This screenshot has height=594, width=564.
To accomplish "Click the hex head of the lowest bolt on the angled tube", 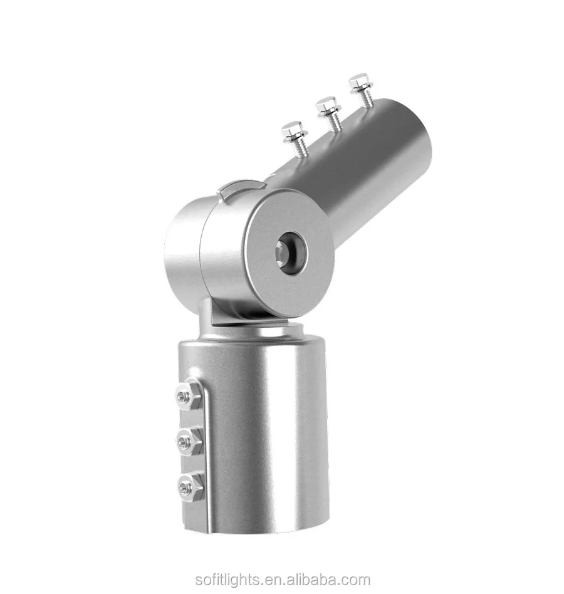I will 293,131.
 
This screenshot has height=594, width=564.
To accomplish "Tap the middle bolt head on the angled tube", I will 327,106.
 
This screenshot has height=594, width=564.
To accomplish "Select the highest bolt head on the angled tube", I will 360,81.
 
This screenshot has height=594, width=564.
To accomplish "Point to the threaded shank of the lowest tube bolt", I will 299,148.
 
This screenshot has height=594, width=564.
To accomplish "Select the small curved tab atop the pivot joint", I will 241,187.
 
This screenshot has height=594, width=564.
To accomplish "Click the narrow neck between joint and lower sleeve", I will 213,316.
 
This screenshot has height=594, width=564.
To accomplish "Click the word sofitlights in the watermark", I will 226,580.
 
